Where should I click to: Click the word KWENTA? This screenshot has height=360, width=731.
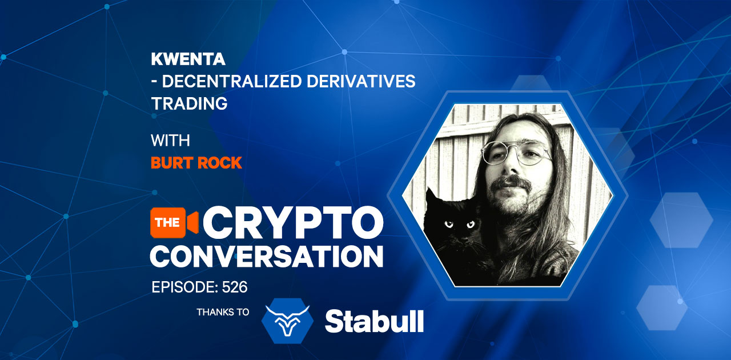tap(180, 59)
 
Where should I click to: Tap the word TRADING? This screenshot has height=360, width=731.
tap(189, 104)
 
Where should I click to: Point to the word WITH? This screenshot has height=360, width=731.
tap(170, 141)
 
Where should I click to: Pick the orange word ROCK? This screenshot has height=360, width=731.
tap(219, 163)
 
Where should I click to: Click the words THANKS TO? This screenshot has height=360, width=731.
tap(223, 313)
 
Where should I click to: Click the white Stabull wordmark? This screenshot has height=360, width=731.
tap(374, 322)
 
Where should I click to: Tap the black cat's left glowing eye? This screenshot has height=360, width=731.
tap(450, 225)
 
